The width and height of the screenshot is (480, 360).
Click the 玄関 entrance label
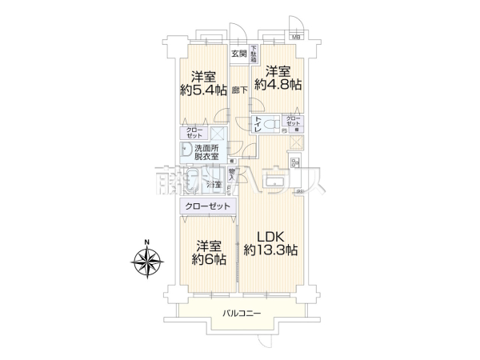click(239, 54)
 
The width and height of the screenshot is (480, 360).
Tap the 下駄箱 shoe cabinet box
click(254, 55)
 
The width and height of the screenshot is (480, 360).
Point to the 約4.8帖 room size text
click(278, 83)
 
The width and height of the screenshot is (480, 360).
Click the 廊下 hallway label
click(239, 90)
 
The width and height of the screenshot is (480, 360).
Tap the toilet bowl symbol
click(270, 124)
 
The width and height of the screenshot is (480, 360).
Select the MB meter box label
click(296, 37)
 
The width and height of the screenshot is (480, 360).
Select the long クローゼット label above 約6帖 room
click(207, 206)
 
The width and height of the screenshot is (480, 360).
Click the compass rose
click(147, 263)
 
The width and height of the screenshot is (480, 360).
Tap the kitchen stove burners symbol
click(294, 143)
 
